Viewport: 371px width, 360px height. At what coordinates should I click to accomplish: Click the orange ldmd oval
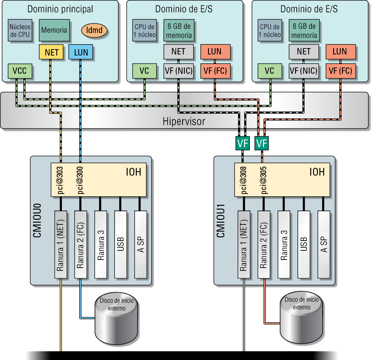click(x=94, y=30)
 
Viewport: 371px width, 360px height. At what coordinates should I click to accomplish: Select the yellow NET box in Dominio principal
click(x=51, y=53)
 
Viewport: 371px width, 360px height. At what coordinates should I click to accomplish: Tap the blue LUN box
click(x=81, y=53)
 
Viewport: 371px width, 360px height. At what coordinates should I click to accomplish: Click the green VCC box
click(x=20, y=71)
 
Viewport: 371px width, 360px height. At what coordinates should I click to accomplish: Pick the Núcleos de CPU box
click(x=20, y=31)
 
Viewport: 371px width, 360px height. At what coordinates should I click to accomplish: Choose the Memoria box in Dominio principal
click(x=54, y=30)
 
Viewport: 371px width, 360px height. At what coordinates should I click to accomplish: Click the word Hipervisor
click(x=184, y=122)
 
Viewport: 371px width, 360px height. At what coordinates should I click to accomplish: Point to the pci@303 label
click(x=61, y=180)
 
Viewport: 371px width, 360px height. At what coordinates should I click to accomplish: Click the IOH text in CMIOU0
click(x=134, y=172)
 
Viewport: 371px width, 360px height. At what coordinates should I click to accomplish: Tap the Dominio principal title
click(x=60, y=9)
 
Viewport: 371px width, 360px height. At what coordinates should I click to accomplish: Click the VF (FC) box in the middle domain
click(x=215, y=71)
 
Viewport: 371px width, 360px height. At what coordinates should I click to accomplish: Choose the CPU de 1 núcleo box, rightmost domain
click(x=270, y=31)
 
